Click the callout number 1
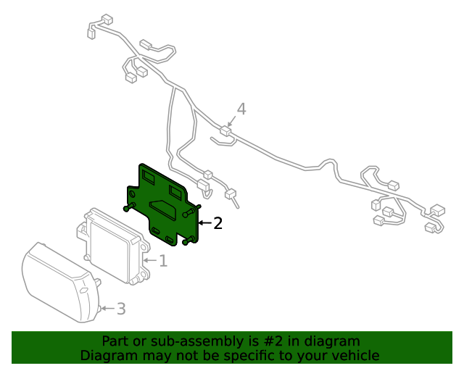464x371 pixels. (163, 260)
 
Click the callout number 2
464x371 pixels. (217, 222)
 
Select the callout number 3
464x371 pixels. (120, 309)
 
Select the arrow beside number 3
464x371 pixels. (107, 309)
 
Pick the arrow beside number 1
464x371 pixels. (149, 259)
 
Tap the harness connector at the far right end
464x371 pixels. (438, 211)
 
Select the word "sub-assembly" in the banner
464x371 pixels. (189, 341)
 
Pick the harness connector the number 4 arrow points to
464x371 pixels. (225, 131)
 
